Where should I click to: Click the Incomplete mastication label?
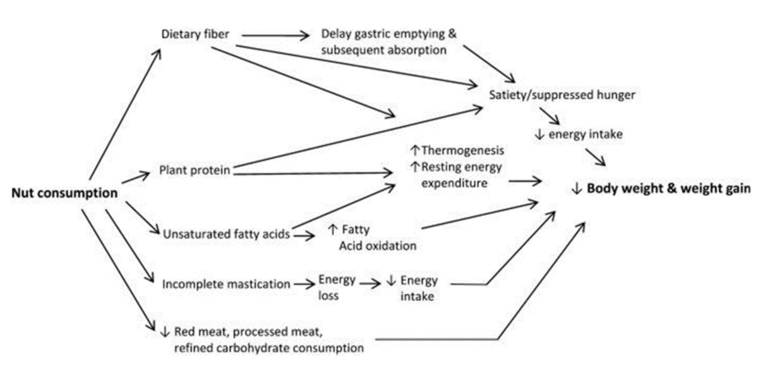pos(226,284)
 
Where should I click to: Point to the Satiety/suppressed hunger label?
pos(562,95)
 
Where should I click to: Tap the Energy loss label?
pos(337,286)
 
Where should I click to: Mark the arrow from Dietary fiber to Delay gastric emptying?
pos(275,36)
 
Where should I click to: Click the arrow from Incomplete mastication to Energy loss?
pos(304,284)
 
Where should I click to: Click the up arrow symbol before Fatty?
pos(332,231)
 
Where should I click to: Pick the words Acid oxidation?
pos(378,246)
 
